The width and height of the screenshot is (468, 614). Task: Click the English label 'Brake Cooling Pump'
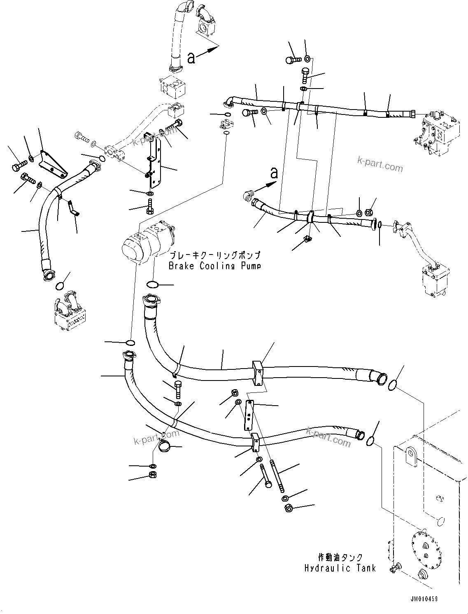pos(214,266)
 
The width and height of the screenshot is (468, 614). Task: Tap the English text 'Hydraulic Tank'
pos(340,568)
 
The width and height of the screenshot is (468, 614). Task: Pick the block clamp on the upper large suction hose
pos(258,373)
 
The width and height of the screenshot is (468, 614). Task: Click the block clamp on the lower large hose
pos(255,443)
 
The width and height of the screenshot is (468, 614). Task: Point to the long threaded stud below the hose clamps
pos(276,476)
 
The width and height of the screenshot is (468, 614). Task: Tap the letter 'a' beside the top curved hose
pos(191,58)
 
